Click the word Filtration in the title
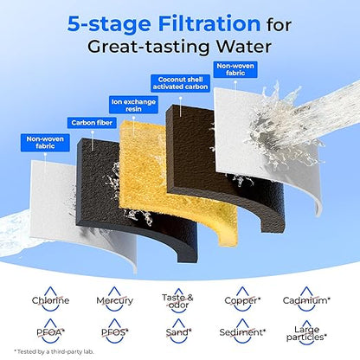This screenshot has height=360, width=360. point(209,23)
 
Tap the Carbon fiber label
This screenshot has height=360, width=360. point(92,123)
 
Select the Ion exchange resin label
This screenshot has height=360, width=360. point(133,106)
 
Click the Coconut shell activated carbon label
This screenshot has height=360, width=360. point(180,83)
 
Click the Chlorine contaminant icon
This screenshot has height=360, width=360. point(50,299)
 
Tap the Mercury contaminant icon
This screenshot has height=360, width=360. point(114,299)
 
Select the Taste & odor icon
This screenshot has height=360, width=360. point(178,300)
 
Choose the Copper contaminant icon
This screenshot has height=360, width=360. point(242,299)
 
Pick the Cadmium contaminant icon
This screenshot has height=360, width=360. point(306,299)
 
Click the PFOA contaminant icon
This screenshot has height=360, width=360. point(50,331)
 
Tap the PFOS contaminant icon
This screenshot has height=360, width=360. point(114,331)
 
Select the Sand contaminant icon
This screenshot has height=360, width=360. point(178,331)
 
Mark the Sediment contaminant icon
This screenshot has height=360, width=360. point(242,331)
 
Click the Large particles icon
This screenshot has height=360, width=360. point(306,332)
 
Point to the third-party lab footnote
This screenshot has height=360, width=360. point(54,351)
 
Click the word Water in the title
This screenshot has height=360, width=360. point(244,47)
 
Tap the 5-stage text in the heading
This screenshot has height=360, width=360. point(109,24)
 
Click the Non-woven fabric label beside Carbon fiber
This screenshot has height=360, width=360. point(45,143)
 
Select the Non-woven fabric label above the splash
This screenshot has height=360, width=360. point(235,69)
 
